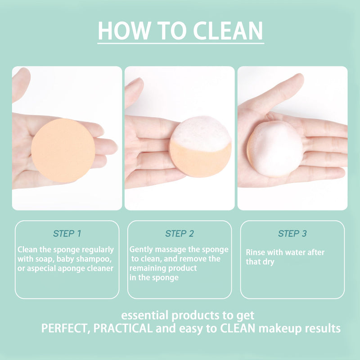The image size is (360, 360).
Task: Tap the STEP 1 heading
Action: (67, 234)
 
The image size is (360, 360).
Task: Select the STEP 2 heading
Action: (180, 234)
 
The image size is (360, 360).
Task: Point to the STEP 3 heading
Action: (292, 234)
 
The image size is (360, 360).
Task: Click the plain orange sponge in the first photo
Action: (63, 150)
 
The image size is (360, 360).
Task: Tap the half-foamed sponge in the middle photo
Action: (200, 147)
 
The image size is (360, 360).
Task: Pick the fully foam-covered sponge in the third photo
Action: (275, 149)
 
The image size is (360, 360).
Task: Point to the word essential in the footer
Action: (145, 315)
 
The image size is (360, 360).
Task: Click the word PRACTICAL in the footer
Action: (123, 328)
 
